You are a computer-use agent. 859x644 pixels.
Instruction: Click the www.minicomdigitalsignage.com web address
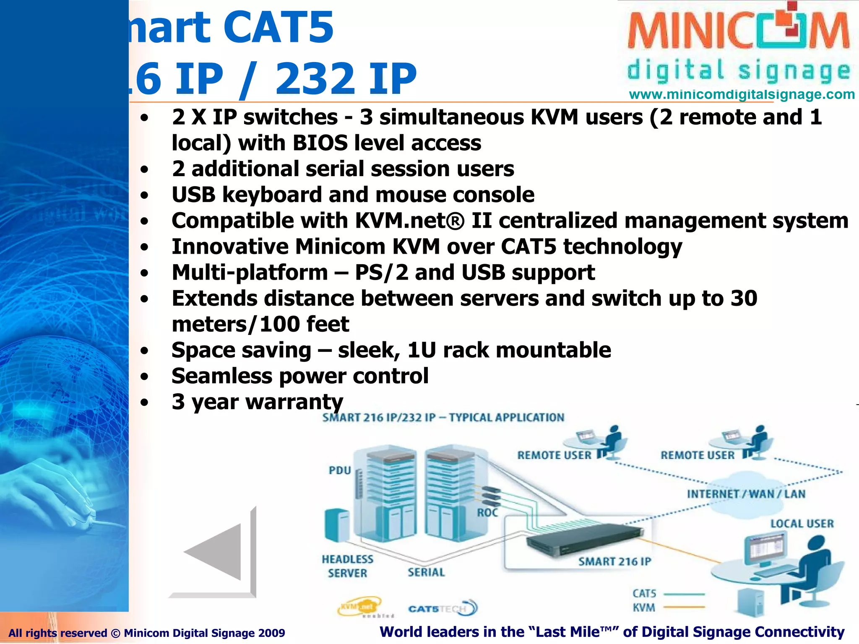click(742, 94)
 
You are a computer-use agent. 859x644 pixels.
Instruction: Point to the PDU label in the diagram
click(340, 470)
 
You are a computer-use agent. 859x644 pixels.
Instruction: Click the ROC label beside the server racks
click(487, 512)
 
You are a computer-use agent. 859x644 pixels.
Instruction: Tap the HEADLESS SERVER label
click(347, 566)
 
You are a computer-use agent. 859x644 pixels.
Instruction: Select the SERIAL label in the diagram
click(426, 572)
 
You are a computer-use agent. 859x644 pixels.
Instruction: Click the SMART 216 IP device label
click(614, 561)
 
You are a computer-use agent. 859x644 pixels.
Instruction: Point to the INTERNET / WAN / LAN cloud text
click(746, 494)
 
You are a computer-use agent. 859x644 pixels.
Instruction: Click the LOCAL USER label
click(802, 523)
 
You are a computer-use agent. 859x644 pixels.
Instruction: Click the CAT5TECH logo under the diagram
click(443, 608)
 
